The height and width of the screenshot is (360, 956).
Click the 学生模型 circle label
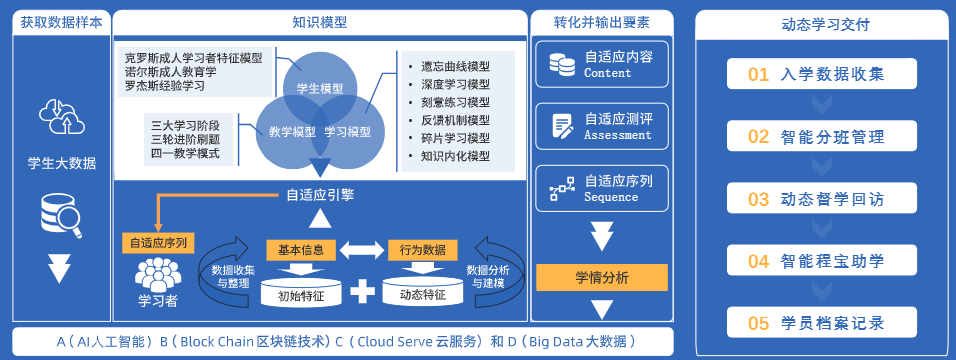coord(319,88)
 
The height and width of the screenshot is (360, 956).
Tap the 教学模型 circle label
coord(292,132)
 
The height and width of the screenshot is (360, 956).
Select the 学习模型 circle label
coord(347,132)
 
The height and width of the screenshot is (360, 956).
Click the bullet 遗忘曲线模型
coord(455,67)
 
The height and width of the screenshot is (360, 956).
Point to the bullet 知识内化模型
coord(455,155)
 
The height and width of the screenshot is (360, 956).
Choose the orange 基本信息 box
coord(301,250)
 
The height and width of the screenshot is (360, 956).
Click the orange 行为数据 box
coord(423,250)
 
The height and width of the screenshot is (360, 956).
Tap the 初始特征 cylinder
coord(301,292)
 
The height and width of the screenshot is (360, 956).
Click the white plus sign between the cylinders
coord(362,292)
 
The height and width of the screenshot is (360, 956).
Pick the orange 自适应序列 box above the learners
coord(158,243)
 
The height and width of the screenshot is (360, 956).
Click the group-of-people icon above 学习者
coord(158,274)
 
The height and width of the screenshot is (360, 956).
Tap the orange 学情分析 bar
coord(602,278)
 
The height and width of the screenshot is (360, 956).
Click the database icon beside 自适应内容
coord(562,63)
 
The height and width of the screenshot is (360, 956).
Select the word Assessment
coord(618,135)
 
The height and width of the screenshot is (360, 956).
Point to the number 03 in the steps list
coord(758,199)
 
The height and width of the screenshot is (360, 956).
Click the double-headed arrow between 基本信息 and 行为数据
coord(362,250)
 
